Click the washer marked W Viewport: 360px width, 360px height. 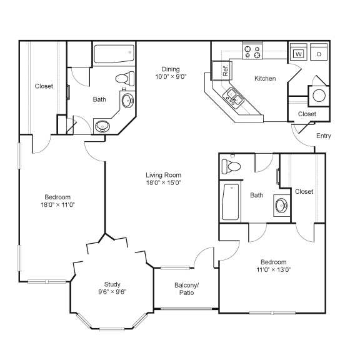point(299,54)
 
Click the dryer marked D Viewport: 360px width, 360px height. point(318,54)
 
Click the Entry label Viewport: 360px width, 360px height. point(324,136)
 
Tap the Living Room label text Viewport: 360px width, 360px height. point(163,175)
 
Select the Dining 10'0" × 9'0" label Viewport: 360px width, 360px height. point(170,72)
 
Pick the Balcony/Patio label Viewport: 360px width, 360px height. point(186,288)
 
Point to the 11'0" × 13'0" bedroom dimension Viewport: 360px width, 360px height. point(273,270)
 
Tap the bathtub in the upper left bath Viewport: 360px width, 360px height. point(112,55)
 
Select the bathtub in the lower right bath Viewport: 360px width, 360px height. point(231,202)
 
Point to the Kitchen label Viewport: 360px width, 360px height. point(265,79)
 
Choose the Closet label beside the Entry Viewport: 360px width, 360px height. point(306,114)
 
